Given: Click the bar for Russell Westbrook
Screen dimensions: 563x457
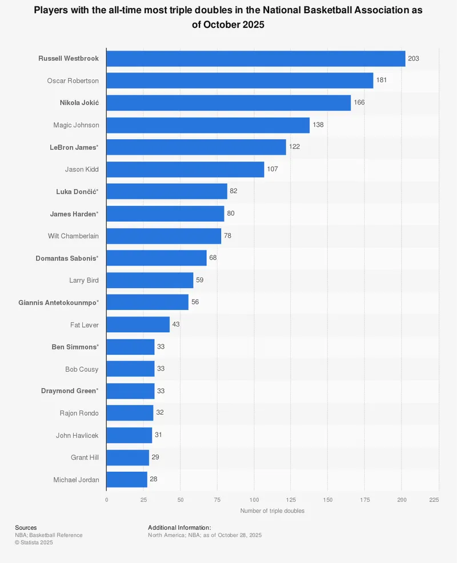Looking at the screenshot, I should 255,58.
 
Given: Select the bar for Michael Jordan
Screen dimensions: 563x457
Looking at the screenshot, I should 127,480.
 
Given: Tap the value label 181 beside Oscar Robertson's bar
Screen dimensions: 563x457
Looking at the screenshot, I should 382,81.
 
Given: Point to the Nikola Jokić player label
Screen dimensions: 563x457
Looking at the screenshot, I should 79,103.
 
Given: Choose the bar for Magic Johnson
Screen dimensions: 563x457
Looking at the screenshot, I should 208,125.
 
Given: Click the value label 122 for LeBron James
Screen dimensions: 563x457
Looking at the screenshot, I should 294,147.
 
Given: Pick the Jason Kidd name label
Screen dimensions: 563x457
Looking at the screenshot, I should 82,169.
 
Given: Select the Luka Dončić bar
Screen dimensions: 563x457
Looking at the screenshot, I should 167,191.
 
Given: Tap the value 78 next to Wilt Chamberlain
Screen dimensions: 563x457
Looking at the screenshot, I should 227,236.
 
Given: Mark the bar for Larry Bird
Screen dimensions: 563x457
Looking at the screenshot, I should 150,280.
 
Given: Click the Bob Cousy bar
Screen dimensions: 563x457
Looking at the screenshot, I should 130,369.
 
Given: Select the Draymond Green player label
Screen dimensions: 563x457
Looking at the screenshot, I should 70,391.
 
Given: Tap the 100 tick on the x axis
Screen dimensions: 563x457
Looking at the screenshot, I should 254,500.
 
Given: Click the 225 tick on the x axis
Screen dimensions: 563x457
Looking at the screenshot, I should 434,500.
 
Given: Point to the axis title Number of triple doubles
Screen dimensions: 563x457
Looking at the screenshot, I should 272,510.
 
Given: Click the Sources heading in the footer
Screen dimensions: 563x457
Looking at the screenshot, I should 26,528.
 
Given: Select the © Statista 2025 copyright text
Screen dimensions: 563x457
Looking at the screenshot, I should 34,542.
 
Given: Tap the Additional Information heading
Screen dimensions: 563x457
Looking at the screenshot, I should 179,528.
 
